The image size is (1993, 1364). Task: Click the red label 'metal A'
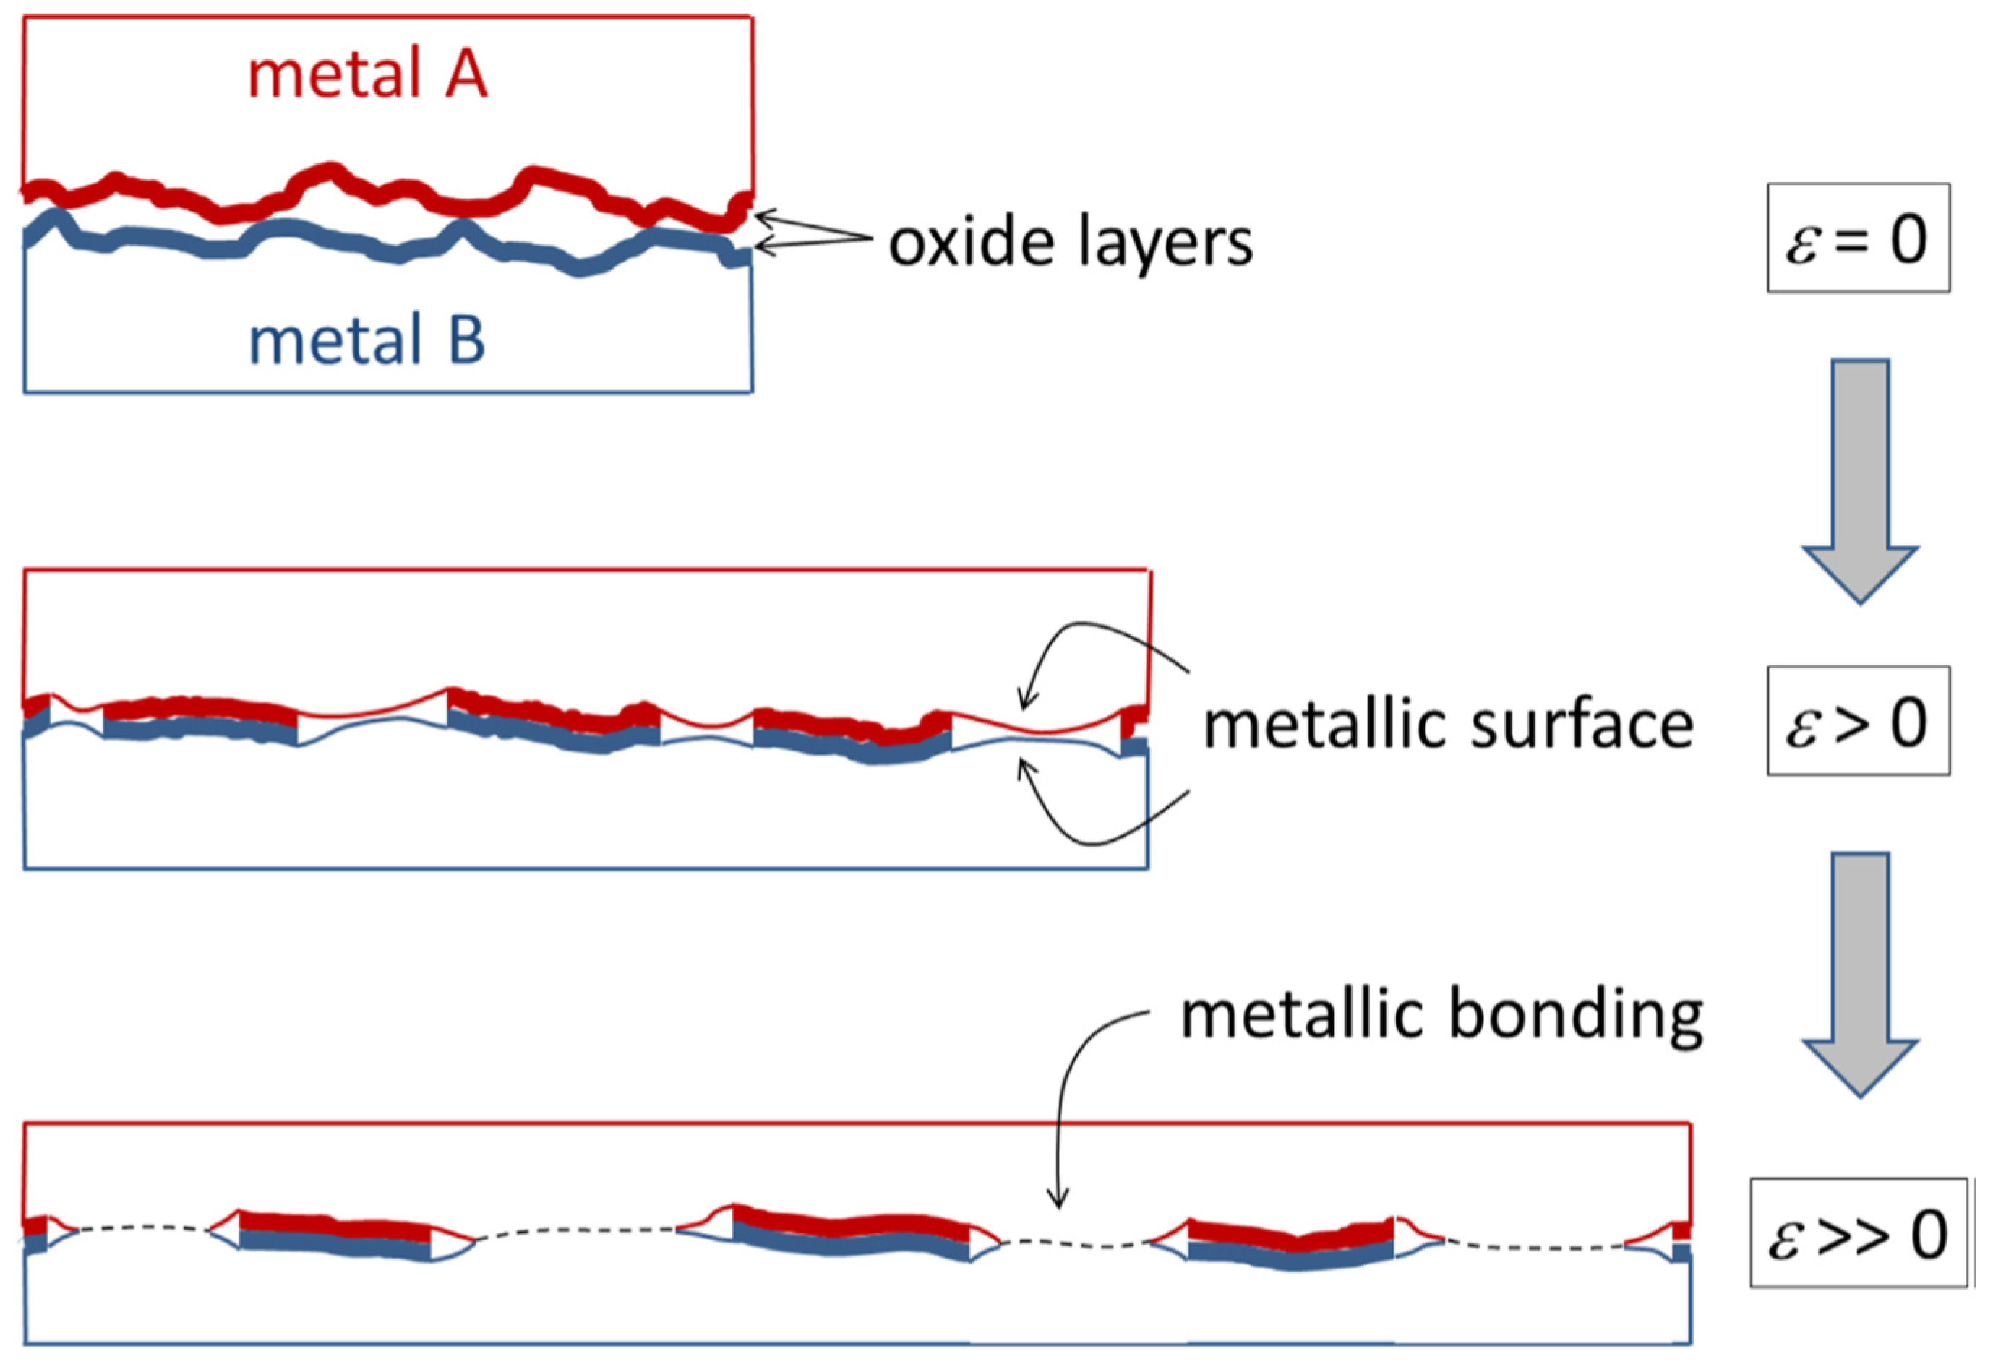(x=367, y=75)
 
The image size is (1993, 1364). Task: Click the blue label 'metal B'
(x=367, y=340)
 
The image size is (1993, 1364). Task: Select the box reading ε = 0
(x=1858, y=238)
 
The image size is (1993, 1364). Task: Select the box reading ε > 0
(x=1858, y=721)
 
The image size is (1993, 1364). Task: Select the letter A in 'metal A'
(x=465, y=75)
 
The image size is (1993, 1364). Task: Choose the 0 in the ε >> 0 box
(x=1929, y=1235)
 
